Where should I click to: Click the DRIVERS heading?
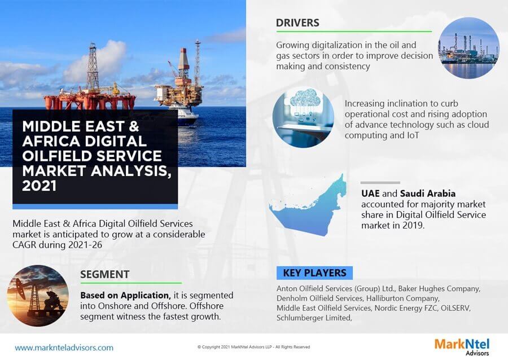tap(297, 23)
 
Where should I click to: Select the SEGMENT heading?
tap(105, 274)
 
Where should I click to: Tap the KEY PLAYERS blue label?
tap(314, 273)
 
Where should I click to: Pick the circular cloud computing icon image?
tap(303, 117)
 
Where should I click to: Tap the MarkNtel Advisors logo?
tap(462, 346)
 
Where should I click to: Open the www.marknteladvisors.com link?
tap(64, 348)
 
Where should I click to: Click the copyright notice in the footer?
tap(253, 347)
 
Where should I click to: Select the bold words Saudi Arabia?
tap(429, 194)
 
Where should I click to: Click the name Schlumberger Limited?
tap(314, 318)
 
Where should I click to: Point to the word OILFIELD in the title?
tap(56, 156)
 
